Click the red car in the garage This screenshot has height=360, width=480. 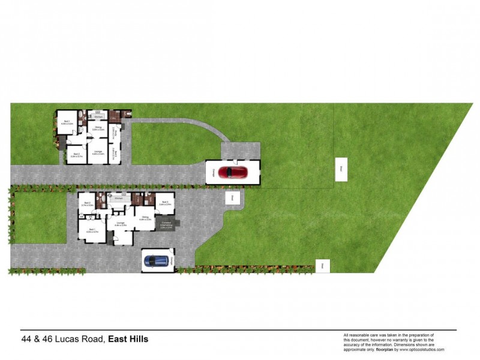pos(233,173)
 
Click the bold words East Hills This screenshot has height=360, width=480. pos(128,340)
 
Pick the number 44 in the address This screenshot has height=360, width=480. pos(27,340)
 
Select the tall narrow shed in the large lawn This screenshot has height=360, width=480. pos(339,169)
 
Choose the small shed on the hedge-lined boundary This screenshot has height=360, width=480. pos(322,265)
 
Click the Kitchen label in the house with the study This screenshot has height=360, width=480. pos(98,116)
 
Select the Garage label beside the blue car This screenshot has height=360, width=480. pos(172,259)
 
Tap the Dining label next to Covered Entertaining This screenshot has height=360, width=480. pos(144,218)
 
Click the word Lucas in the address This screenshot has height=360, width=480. pos(64,340)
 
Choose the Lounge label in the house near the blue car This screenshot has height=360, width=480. pos(120,223)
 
